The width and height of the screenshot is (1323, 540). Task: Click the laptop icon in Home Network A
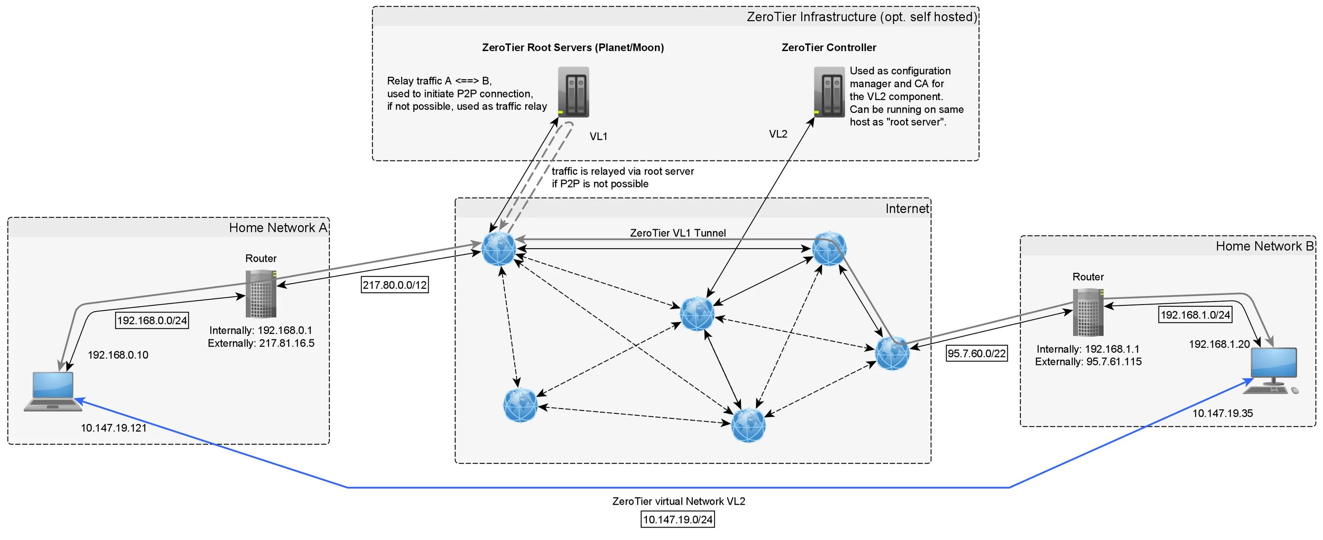(x=53, y=391)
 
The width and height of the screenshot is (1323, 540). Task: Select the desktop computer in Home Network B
(x=1271, y=371)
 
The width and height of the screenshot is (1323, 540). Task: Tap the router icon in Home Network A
(x=261, y=294)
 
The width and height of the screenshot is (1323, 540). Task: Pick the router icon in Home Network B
(x=1088, y=312)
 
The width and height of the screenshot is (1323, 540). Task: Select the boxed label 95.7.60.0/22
(x=976, y=353)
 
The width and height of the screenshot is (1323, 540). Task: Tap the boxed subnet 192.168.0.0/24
(x=152, y=320)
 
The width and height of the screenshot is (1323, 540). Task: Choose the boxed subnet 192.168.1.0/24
(x=1196, y=315)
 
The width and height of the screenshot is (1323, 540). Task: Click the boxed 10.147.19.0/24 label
(x=678, y=519)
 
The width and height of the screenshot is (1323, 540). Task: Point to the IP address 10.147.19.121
(x=113, y=428)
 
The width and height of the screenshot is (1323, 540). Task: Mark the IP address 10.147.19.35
(x=1222, y=413)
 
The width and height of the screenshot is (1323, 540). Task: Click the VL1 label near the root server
(x=598, y=137)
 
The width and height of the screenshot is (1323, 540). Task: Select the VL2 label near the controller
(x=778, y=134)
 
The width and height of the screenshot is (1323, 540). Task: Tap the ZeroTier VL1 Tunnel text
(x=678, y=233)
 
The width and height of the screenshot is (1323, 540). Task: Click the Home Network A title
(x=278, y=228)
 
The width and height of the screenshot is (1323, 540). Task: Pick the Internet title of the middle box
(x=907, y=209)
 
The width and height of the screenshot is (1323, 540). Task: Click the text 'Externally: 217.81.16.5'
(x=261, y=343)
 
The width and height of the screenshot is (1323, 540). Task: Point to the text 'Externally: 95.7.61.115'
(x=1088, y=362)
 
